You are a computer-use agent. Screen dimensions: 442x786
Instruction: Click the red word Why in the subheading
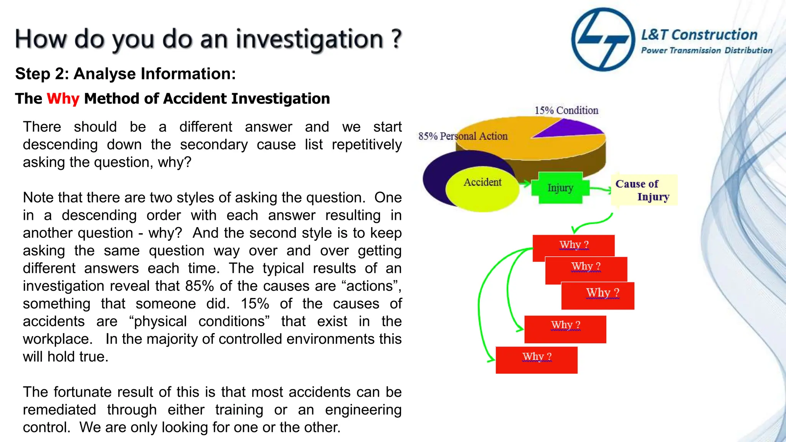tap(63, 99)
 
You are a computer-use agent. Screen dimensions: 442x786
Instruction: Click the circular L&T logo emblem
tap(603, 40)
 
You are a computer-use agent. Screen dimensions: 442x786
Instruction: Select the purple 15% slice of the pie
tap(572, 129)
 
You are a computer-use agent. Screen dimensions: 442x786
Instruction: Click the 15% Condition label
tap(566, 110)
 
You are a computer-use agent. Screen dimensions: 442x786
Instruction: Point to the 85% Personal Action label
tap(463, 136)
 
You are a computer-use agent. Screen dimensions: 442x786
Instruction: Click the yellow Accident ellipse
tap(482, 188)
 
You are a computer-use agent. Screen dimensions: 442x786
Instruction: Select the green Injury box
tap(560, 188)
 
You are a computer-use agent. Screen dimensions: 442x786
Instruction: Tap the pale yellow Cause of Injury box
tap(644, 190)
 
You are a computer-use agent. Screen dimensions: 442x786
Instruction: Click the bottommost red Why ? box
tap(537, 360)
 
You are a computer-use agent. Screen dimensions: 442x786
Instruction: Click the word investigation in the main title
tap(309, 39)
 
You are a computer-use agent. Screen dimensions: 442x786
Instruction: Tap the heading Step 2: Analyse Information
tap(125, 74)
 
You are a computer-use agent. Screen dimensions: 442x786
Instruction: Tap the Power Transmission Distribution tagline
tap(707, 50)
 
